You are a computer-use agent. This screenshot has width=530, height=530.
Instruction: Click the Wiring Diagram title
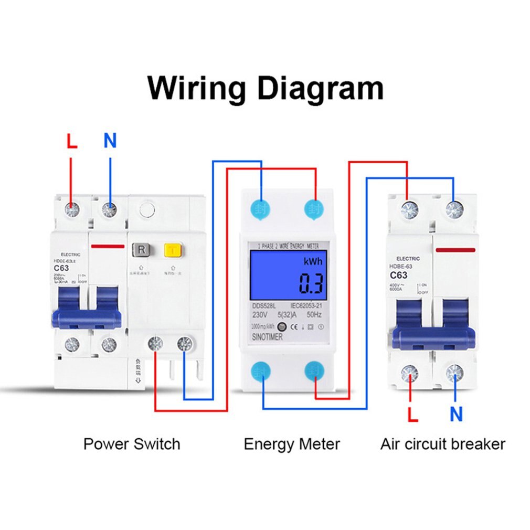pos(265,88)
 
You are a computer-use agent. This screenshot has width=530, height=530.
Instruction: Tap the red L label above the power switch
pos(71,141)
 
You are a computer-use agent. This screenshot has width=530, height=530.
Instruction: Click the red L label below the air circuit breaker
pos(413,414)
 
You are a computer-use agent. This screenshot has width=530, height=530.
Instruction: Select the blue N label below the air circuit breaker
pos(456,414)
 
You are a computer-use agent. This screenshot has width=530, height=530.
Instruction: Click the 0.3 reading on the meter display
pos(311,284)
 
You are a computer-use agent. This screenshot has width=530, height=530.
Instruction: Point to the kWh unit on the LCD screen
pos(313,262)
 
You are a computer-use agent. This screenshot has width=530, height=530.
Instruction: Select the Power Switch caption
pos(131,444)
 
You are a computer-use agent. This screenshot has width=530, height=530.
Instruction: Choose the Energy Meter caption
pos(292,444)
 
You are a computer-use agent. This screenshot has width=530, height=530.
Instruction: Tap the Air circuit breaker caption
pos(442,444)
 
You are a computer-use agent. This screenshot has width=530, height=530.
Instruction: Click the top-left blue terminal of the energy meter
pos(261,208)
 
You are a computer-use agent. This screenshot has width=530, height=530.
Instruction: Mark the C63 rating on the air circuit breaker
pos(398,275)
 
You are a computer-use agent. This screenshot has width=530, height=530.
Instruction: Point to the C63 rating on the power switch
pos(62,268)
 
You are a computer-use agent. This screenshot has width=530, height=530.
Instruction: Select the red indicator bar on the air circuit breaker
pos(455,250)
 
